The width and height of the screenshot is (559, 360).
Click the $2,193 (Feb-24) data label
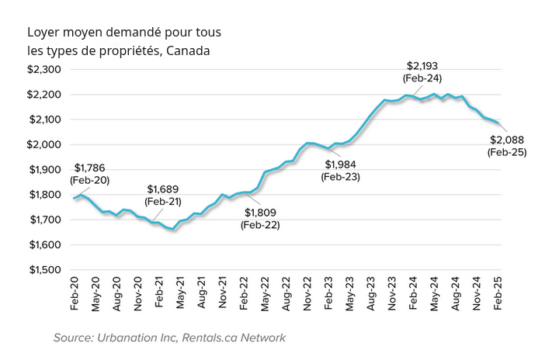pos(423,71)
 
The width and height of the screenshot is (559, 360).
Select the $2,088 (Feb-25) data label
pos(507,146)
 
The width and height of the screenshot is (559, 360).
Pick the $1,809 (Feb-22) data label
pos(260,218)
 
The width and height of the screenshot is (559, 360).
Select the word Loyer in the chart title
pos(43,33)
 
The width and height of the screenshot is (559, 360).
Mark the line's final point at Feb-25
pos(498,123)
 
